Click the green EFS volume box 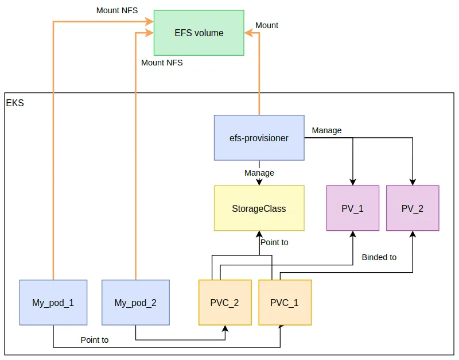199,33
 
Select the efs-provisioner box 259,138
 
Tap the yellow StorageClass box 259,208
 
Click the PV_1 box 352,208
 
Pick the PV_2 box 413,208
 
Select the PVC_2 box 225,303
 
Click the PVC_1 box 285,303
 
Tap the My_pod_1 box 53,303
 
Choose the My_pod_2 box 135,303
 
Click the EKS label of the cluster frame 15,104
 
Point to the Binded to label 379,257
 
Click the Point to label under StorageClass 274,242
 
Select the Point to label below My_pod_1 95,340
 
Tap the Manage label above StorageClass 259,173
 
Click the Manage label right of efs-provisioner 326,130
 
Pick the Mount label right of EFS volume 267,25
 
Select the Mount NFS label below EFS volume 162,63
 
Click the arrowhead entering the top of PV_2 413,181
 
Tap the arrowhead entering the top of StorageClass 259,181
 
